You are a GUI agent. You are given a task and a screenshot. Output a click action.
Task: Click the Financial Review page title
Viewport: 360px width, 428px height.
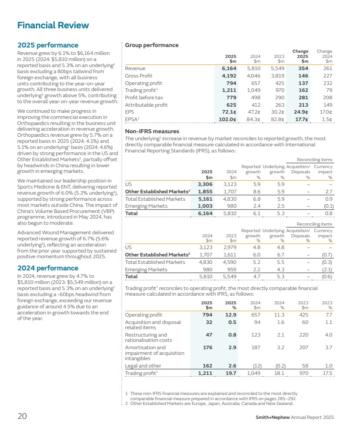coord(53,25)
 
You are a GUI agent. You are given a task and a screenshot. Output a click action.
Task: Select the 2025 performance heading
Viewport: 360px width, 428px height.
coord(48,45)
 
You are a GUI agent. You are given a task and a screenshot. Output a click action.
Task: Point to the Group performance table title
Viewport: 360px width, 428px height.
coord(152,45)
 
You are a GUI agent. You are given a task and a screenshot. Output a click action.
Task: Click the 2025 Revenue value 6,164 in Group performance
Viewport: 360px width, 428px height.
coord(229,68)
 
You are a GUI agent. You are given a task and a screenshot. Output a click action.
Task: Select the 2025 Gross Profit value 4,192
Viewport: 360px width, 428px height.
coord(229,76)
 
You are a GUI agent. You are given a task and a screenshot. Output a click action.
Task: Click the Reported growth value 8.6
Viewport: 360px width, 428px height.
coord(256,192)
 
